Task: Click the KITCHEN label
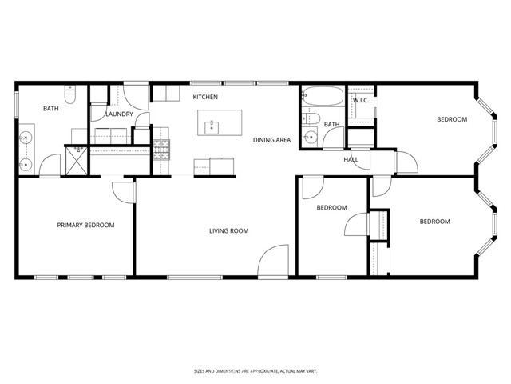(x=205, y=97)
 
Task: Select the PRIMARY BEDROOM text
(x=85, y=226)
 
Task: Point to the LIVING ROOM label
(x=229, y=231)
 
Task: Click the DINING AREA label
(x=271, y=140)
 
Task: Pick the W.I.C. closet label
(x=359, y=101)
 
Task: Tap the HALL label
(x=351, y=159)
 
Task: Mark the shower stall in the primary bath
(x=77, y=159)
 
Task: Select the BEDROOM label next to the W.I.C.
(x=451, y=120)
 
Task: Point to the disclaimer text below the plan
(x=255, y=370)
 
